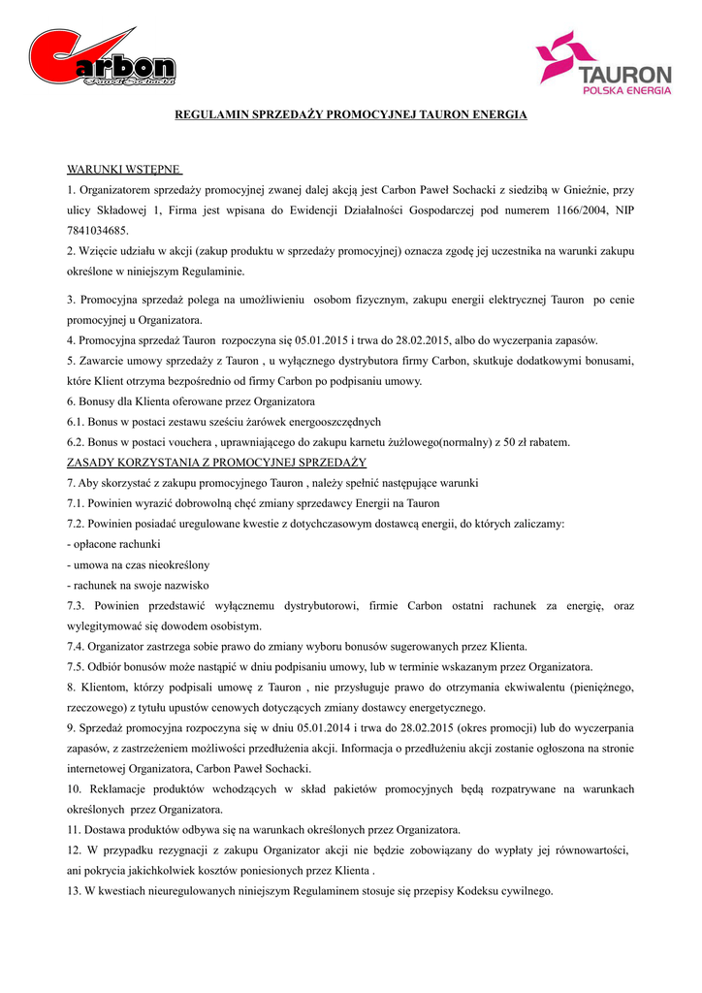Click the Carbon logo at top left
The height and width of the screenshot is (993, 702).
pos(102,59)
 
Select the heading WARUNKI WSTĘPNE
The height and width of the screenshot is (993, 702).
pos(123,170)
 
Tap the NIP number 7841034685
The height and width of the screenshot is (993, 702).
pos(97,231)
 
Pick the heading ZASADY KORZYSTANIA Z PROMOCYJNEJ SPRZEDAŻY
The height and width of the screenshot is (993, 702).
pos(216,463)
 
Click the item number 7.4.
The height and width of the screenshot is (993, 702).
pos(76,646)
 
